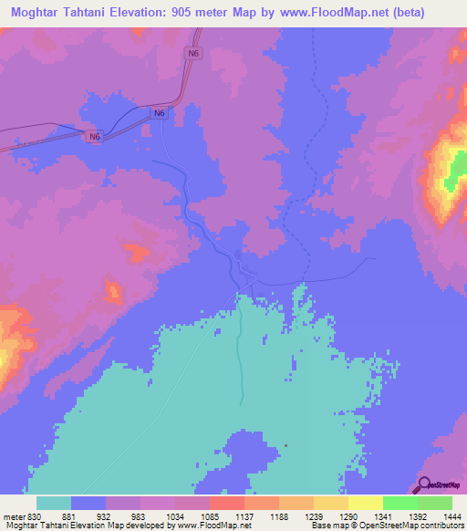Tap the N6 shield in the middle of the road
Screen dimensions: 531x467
160,113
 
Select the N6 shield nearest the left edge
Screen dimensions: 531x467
96,137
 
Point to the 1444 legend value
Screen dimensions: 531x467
452,517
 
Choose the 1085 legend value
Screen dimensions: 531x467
192,517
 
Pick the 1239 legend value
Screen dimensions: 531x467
296,517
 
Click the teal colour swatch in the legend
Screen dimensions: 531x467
54,503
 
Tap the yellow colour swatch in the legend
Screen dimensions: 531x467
366,503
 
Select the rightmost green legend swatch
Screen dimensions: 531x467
435,503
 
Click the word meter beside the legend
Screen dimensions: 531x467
11,517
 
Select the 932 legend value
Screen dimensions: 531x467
88,517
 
